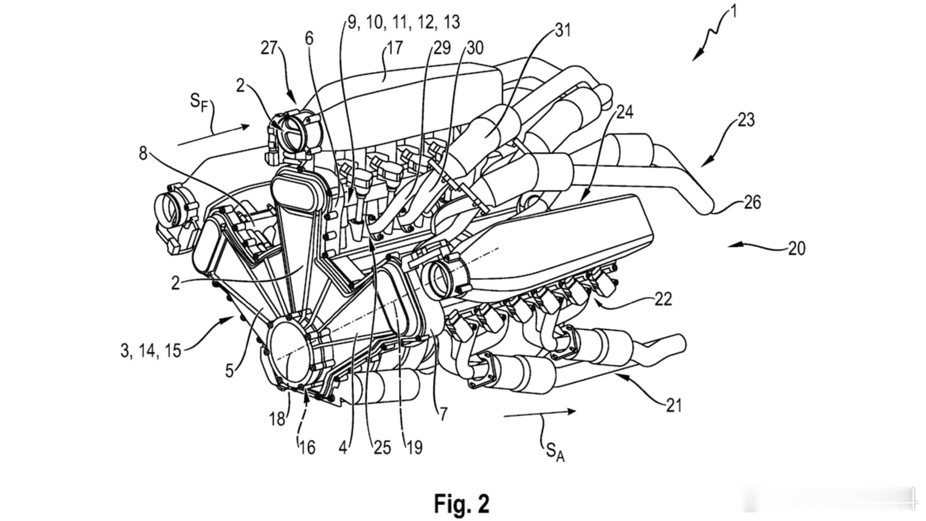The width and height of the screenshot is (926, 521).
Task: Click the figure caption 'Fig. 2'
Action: click(x=462, y=504)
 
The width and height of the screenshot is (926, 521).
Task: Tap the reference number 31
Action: click(x=562, y=30)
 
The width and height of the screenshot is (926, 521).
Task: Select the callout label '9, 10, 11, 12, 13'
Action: click(x=404, y=22)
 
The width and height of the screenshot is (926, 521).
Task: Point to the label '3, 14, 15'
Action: click(x=150, y=351)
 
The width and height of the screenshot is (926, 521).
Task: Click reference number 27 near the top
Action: click(x=270, y=48)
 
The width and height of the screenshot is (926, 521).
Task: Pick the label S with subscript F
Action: click(x=199, y=103)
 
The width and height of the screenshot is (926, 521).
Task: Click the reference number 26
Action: click(x=752, y=202)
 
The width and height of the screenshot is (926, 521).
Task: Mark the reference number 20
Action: click(x=797, y=248)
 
